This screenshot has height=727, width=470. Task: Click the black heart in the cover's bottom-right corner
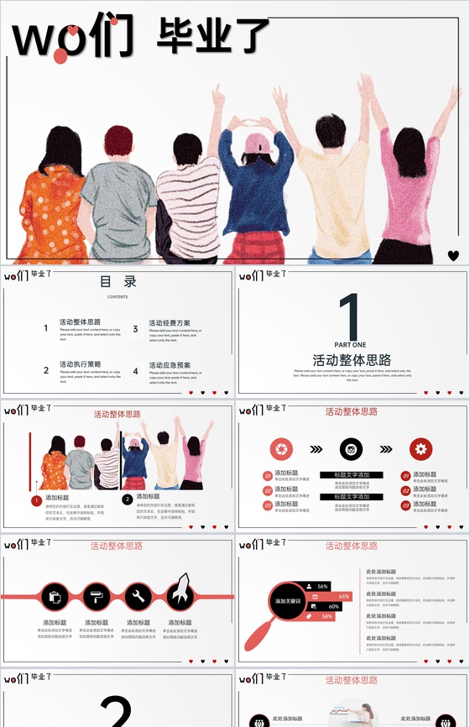tap(453, 255)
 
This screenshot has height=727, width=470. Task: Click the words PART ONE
tap(350, 345)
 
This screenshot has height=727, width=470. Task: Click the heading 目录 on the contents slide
tap(117, 283)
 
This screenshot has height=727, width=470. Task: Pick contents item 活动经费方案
tap(170, 322)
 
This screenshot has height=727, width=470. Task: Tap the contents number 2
tap(46, 370)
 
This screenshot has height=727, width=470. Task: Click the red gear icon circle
tap(421, 449)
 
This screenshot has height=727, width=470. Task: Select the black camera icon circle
tap(352, 449)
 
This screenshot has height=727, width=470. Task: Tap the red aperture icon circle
tap(282, 449)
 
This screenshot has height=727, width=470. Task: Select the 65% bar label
tap(343, 596)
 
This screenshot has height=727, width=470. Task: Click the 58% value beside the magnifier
tap(326, 616)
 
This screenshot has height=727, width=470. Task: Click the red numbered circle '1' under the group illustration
tap(37, 501)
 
